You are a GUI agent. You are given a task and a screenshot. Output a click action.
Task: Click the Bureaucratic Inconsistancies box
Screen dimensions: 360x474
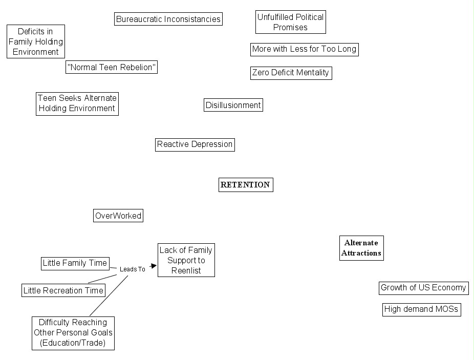(168, 19)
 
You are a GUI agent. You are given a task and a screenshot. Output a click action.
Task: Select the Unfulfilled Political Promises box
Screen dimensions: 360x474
(290, 23)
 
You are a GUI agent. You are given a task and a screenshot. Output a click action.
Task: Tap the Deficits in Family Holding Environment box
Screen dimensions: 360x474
(36, 41)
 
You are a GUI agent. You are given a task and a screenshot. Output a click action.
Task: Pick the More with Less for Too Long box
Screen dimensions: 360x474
(304, 49)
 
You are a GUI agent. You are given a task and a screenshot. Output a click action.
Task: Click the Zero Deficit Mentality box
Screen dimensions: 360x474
(291, 73)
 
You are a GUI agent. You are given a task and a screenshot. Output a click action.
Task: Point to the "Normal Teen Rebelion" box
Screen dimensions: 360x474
(112, 67)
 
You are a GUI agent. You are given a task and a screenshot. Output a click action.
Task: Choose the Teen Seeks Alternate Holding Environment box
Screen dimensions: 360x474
(77, 103)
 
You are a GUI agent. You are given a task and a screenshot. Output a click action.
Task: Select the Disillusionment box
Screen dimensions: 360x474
(233, 105)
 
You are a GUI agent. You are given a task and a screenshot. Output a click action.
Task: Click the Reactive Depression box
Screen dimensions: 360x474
(195, 144)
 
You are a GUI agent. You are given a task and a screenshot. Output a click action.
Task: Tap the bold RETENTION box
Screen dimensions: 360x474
(246, 185)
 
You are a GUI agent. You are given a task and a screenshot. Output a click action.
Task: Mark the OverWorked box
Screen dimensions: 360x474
(118, 216)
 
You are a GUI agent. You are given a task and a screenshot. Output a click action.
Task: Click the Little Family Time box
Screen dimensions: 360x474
(75, 263)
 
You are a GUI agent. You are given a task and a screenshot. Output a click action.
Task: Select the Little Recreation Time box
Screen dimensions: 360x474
(63, 290)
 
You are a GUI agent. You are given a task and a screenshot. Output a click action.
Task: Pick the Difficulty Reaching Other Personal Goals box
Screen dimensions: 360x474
(73, 333)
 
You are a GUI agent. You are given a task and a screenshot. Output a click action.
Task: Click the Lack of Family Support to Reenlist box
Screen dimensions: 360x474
(186, 260)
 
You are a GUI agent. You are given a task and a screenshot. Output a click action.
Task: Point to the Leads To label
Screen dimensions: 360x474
(132, 269)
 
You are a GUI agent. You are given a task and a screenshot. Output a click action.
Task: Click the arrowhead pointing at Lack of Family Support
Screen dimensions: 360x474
(153, 266)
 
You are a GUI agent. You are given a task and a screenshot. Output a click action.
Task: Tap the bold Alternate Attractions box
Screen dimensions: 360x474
(361, 248)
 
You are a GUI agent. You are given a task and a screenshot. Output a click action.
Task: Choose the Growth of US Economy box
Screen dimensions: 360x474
(423, 288)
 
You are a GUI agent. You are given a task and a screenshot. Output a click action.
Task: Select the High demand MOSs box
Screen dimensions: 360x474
(421, 309)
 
